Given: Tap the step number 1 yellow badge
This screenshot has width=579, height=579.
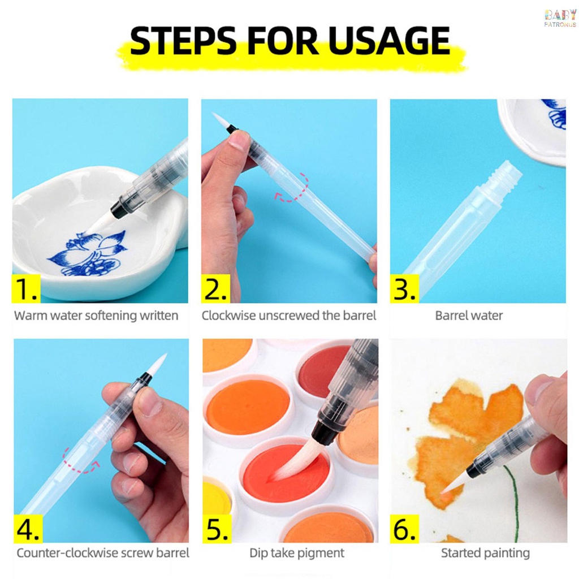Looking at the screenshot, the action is [27, 288].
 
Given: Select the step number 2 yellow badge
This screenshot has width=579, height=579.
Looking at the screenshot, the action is [215, 288].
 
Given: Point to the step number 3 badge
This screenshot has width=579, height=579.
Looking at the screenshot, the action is [405, 288].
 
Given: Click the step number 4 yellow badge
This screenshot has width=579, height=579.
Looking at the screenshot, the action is [28, 529].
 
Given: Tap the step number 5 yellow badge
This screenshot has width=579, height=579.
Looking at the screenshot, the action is [217, 529].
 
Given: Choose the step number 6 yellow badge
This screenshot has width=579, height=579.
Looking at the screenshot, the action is [405, 529].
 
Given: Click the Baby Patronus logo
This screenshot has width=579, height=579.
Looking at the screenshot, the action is [560, 18].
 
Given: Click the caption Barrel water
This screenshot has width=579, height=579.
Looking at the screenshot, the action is [469, 316].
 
